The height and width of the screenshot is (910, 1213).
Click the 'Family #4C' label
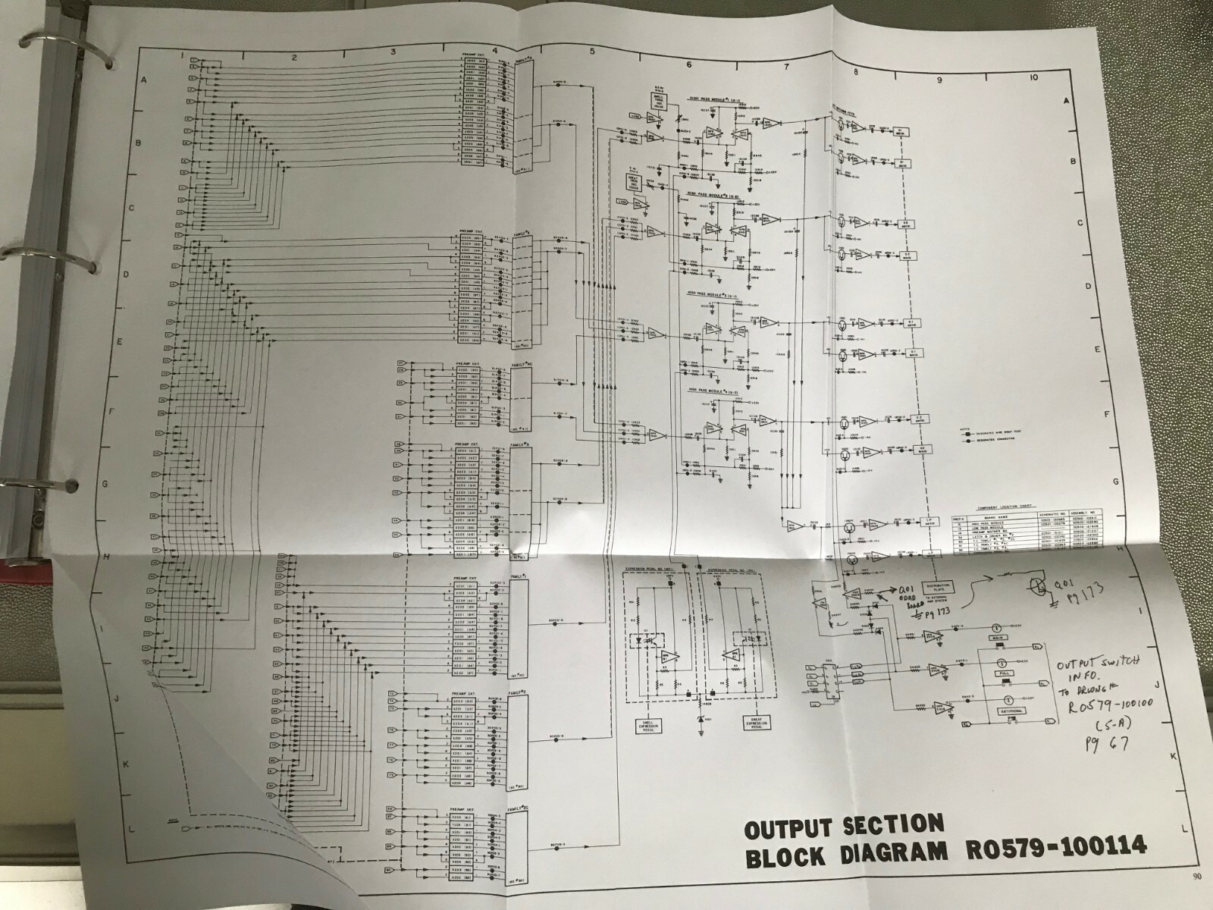coord(522,365)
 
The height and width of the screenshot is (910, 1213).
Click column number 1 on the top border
coord(182,55)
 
